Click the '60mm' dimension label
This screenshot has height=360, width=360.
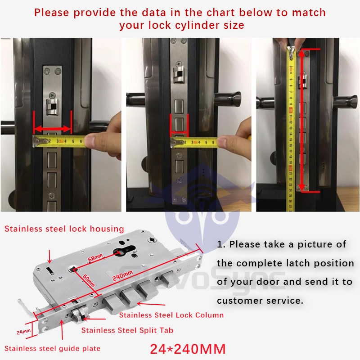pyautogui.click(x=89, y=281)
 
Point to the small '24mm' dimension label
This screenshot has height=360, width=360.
pyautogui.click(x=23, y=332)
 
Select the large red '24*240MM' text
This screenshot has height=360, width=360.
pyautogui.click(x=187, y=348)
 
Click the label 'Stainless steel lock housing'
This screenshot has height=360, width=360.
pyautogui.click(x=64, y=229)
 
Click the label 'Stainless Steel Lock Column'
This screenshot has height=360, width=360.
pyautogui.click(x=171, y=315)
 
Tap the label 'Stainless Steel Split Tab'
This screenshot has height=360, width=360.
pyautogui.click(x=127, y=330)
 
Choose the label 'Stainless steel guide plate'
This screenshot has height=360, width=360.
pyautogui.click(x=53, y=348)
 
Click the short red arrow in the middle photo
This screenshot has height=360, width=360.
pyautogui.click(x=179, y=133)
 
